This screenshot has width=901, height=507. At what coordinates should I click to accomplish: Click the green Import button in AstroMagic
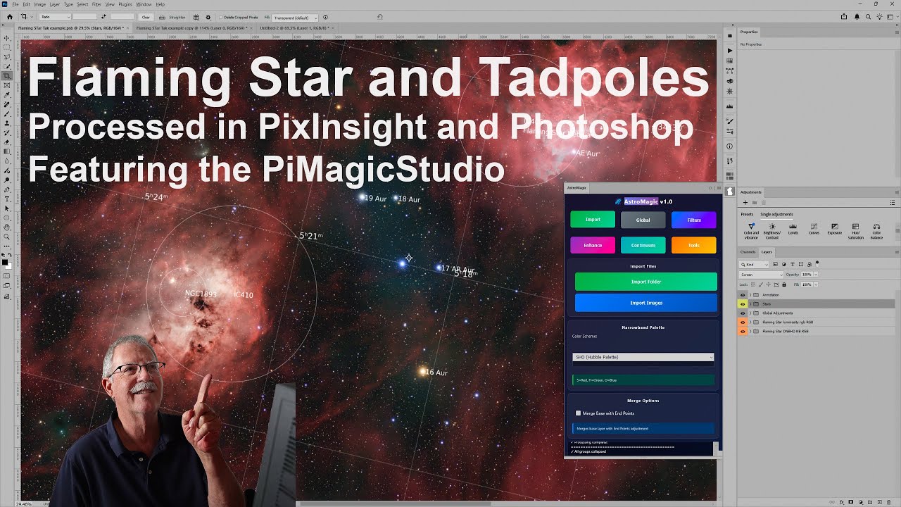(593, 220)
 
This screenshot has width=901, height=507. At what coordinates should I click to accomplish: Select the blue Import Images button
(645, 303)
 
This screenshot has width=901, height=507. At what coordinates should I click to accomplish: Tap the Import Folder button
(645, 282)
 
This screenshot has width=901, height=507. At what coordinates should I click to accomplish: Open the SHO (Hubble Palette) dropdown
(643, 357)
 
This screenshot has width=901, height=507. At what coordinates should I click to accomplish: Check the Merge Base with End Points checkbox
(579, 413)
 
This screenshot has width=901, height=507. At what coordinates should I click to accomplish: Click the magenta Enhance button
(593, 245)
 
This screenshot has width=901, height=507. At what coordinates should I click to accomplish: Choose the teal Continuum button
(643, 245)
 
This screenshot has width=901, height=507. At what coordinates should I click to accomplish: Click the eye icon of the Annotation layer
(743, 295)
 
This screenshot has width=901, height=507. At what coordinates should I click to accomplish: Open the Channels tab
(748, 251)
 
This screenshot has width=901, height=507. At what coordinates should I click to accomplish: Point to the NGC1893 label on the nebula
(201, 294)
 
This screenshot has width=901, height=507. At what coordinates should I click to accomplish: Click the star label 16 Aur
(436, 373)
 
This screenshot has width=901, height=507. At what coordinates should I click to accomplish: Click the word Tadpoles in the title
(594, 78)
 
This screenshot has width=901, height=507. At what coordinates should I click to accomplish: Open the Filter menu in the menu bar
(96, 4)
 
